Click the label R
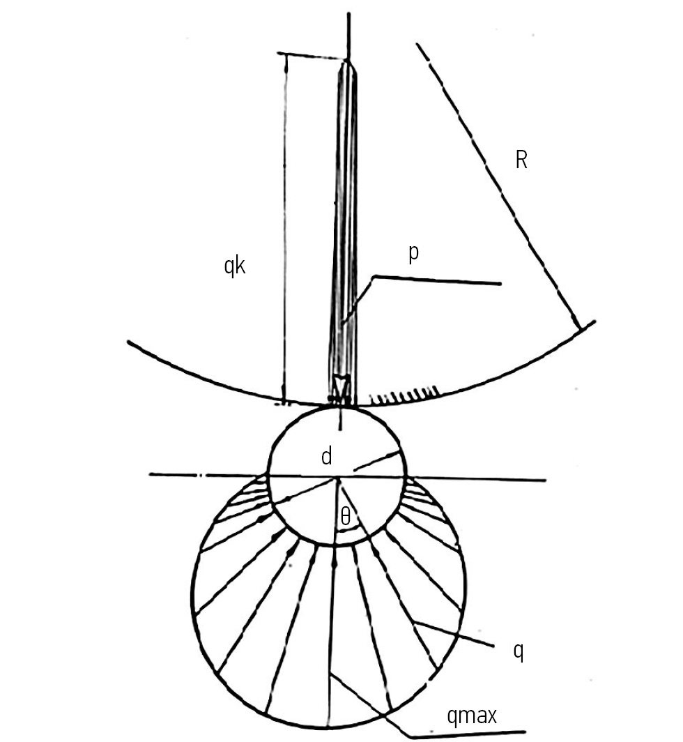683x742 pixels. [x=521, y=160]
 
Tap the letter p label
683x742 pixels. [x=413, y=254]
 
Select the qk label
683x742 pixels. [x=235, y=266]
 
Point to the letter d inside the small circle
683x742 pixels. [x=326, y=457]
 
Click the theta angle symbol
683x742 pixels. [x=346, y=517]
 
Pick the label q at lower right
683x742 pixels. [x=519, y=653]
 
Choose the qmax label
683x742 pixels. [x=472, y=716]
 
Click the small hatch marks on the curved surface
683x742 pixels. [x=404, y=395]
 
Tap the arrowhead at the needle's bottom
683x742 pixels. [x=341, y=386]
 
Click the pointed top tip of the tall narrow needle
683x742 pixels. [x=348, y=60]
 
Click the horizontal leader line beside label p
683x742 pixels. [x=437, y=280]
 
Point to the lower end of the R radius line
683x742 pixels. [x=578, y=328]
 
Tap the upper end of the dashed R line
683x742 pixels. [x=417, y=45]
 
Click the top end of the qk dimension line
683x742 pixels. [x=286, y=54]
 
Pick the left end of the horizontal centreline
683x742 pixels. [x=150, y=474]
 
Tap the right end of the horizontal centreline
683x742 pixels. [x=546, y=480]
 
